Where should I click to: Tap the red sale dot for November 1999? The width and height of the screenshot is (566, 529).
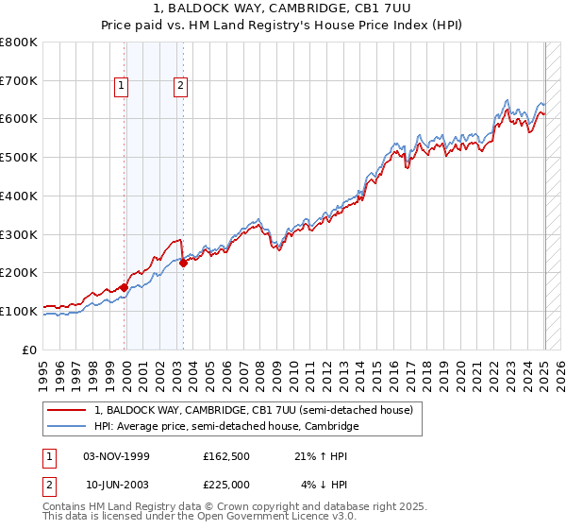coord(124,287)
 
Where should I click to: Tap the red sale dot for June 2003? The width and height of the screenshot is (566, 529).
coord(183,264)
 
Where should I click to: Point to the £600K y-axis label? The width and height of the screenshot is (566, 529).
coord(20,119)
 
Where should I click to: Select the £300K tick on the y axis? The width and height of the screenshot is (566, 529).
coord(20,234)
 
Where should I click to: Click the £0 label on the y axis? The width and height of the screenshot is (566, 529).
coord(31,350)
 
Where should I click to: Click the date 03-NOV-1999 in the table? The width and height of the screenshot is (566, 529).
coord(117,456)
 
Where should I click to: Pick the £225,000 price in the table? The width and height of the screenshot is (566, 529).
coord(226,484)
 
